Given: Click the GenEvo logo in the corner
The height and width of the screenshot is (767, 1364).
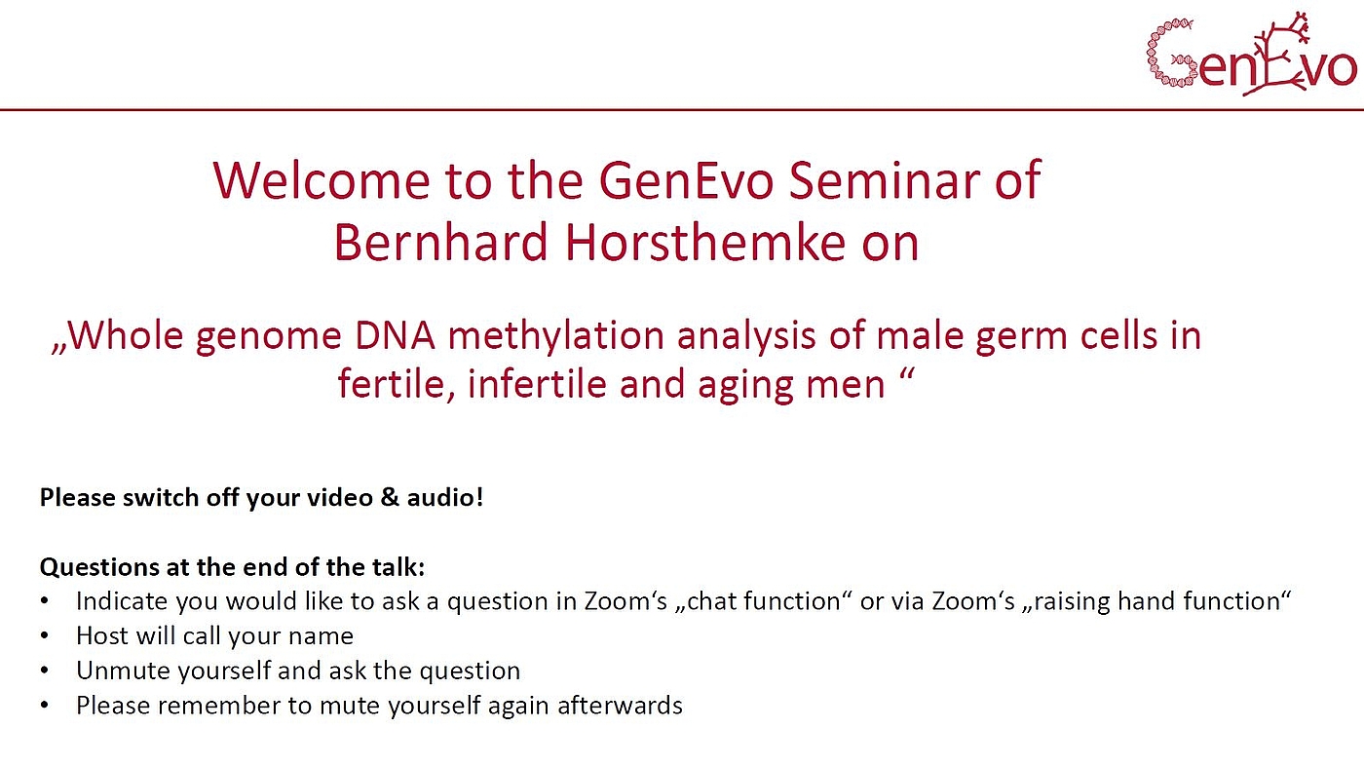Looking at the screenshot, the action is pyautogui.click(x=1251, y=55).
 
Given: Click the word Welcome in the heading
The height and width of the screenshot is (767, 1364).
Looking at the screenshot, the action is pyautogui.click(x=322, y=180).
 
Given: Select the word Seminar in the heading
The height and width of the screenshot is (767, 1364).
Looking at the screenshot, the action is pyautogui.click(x=885, y=180).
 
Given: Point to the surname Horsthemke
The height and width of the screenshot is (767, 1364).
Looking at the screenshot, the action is pyautogui.click(x=705, y=242).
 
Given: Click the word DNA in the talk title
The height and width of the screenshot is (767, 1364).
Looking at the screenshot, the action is pyautogui.click(x=396, y=335).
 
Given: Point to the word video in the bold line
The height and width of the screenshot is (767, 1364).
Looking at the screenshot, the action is pyautogui.click(x=339, y=497).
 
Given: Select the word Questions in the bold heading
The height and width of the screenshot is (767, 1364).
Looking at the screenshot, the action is pyautogui.click(x=98, y=567).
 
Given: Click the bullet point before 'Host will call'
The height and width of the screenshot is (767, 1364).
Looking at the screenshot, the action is pyautogui.click(x=45, y=636).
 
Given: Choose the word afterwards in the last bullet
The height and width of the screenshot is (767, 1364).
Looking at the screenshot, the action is pyautogui.click(x=620, y=705).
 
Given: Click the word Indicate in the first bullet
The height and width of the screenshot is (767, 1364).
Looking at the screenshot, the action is pyautogui.click(x=121, y=601).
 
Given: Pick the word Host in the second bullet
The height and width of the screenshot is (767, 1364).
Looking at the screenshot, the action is pyautogui.click(x=101, y=635).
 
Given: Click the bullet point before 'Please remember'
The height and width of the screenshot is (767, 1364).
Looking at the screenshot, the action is pyautogui.click(x=45, y=706).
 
